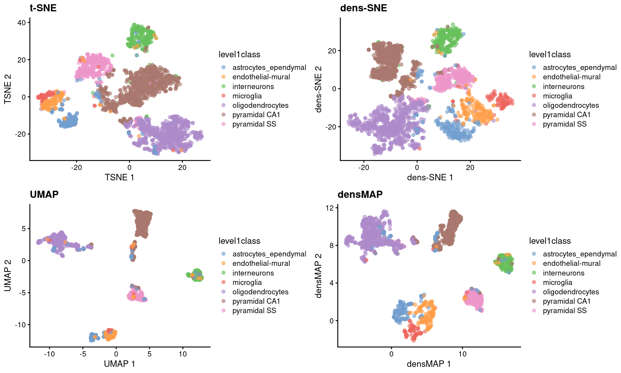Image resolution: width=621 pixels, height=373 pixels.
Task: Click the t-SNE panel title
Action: (x=43, y=8)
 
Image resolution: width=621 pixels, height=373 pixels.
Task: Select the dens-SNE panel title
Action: (x=363, y=8)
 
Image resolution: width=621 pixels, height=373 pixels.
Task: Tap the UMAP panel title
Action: (x=44, y=194)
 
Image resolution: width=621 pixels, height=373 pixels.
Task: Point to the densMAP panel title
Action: (x=360, y=194)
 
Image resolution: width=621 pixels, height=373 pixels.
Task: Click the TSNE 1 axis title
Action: (x=119, y=177)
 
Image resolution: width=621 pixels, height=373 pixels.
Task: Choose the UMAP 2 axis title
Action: (x=8, y=276)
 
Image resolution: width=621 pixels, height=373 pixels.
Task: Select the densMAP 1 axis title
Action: (x=429, y=364)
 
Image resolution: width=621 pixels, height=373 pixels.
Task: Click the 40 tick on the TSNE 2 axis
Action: (x=21, y=22)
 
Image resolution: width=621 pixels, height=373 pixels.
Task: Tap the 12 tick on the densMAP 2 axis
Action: (x=330, y=208)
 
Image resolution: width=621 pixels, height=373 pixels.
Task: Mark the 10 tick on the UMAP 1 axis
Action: (x=183, y=354)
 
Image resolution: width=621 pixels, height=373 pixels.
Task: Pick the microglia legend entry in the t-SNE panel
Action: (x=247, y=96)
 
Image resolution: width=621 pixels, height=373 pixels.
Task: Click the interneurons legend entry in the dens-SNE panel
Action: (x=563, y=86)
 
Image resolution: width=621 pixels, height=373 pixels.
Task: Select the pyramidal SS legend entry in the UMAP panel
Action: (x=254, y=311)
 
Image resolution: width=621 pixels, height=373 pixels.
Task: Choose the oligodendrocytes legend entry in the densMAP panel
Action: (x=571, y=292)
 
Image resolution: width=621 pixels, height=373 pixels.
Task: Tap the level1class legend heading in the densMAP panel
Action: (x=550, y=241)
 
